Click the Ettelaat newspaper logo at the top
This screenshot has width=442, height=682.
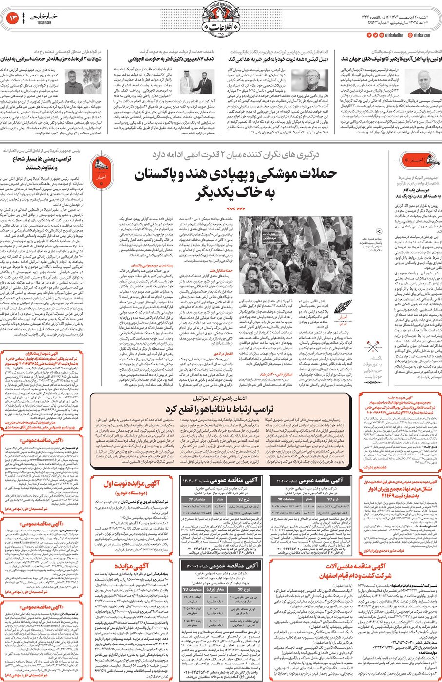[x=221, y=20]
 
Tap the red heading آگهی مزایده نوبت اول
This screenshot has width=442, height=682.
[x=131, y=484]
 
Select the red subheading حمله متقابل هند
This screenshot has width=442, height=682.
[x=221, y=270]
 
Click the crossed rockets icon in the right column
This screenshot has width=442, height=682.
[x=373, y=347]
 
